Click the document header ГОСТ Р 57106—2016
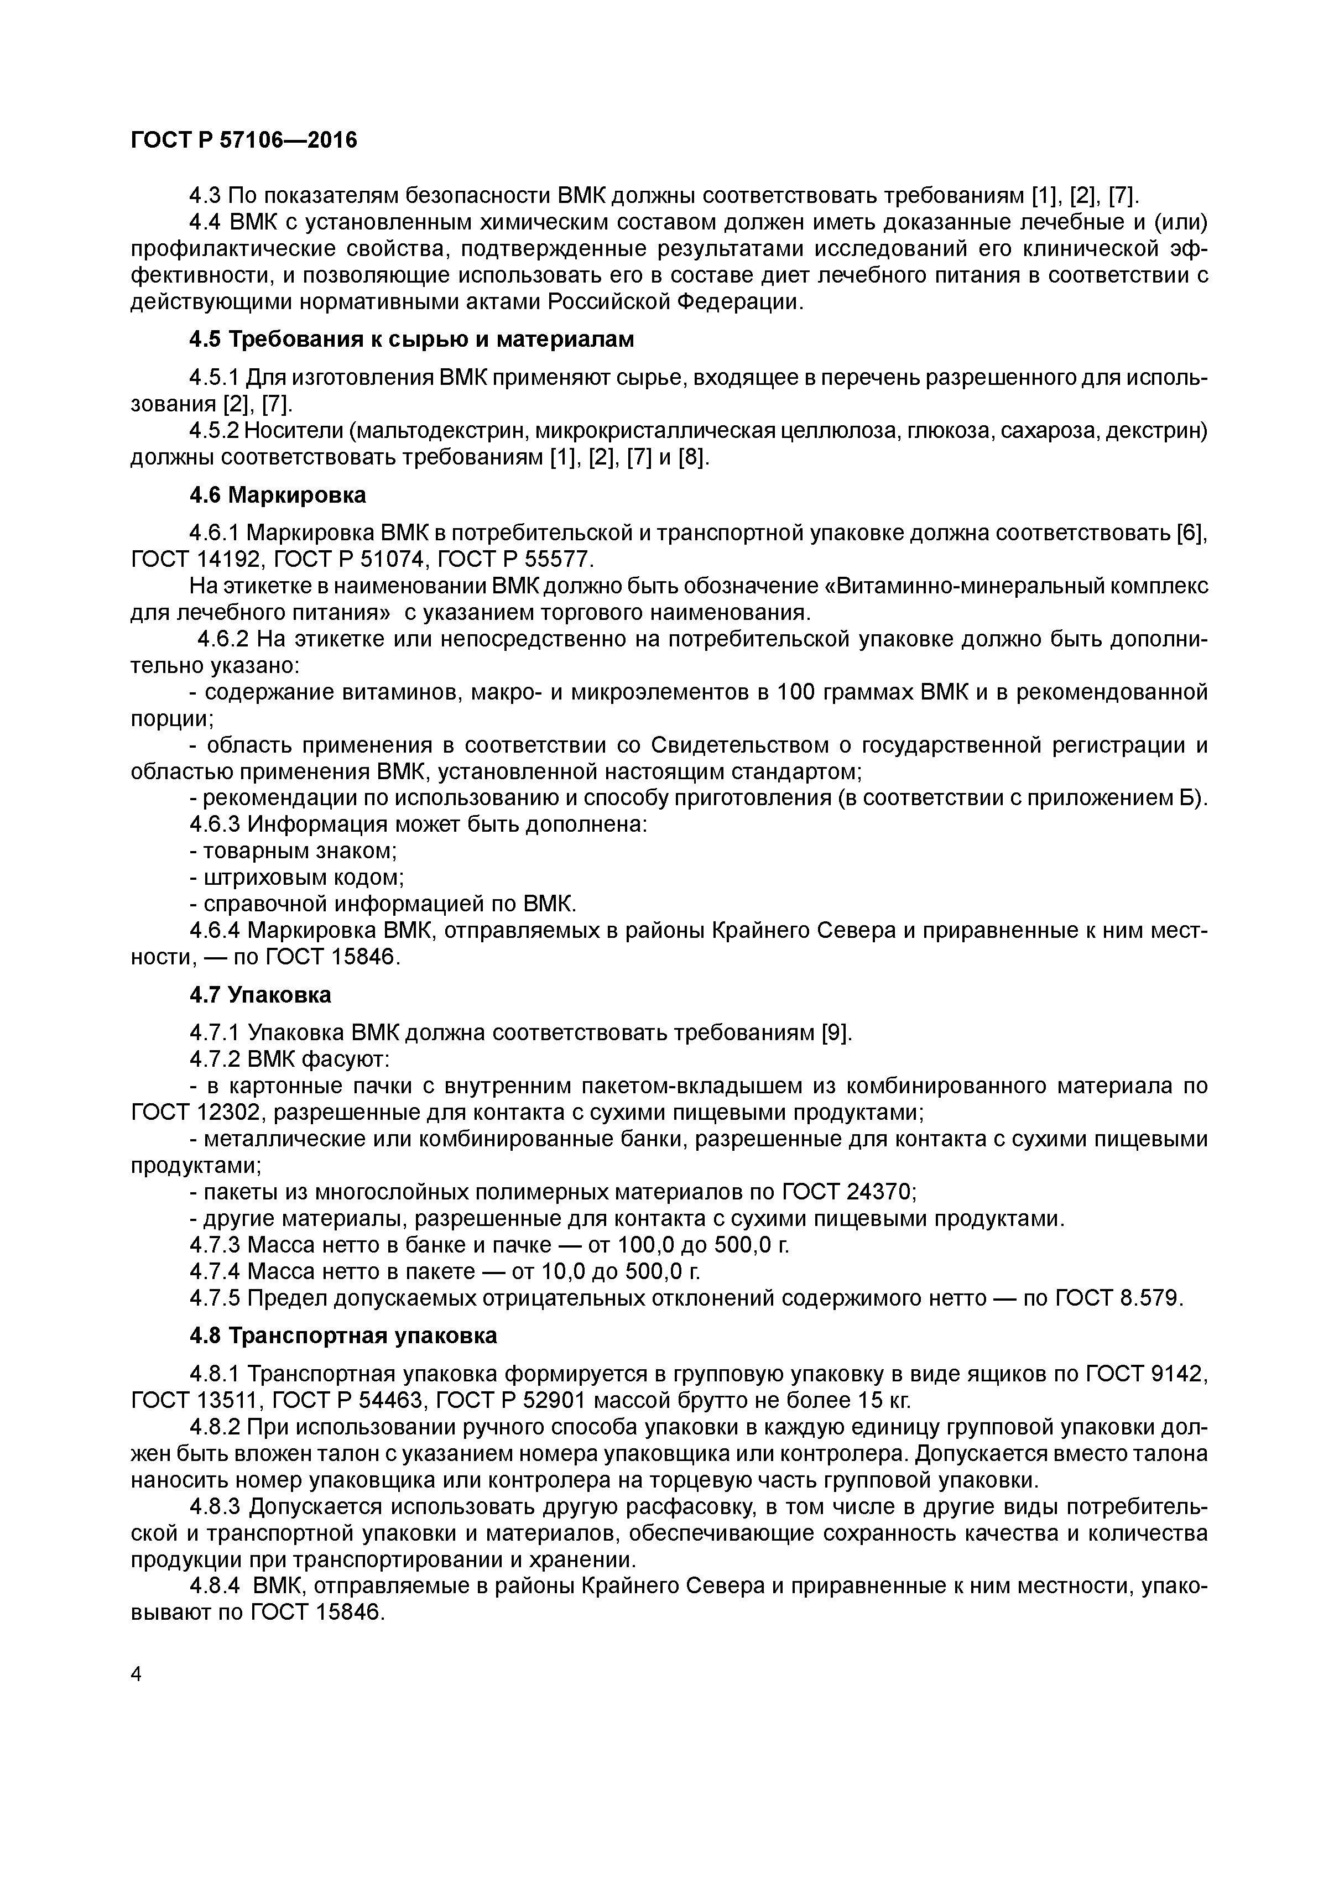click(244, 141)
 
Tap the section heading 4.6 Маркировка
click(278, 495)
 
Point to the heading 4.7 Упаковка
click(260, 995)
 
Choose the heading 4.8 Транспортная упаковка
click(343, 1335)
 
